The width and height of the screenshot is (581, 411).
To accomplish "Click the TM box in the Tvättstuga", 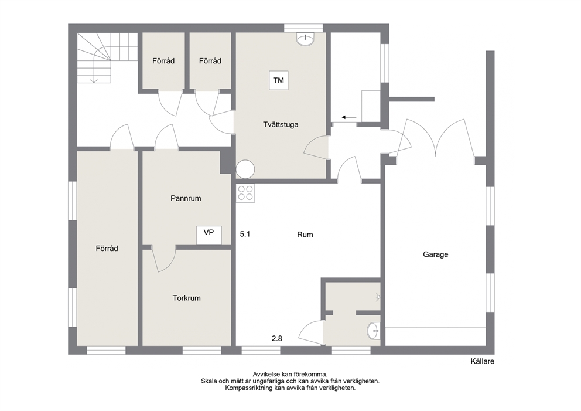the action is (279, 80).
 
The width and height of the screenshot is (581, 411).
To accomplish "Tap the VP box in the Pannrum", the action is (209, 235).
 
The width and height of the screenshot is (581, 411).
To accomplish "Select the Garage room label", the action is (435, 254).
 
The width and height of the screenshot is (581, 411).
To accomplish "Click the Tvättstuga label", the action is (281, 125).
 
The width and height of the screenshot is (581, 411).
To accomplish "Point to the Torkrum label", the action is (186, 298).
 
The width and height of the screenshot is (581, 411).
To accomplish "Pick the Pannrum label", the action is (186, 198).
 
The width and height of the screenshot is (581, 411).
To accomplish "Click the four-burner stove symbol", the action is (245, 193).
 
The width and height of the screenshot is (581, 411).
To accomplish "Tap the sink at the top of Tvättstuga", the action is (305, 39).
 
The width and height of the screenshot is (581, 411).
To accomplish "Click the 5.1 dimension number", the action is (245, 234).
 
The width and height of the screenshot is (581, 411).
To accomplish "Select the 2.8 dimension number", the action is (277, 338).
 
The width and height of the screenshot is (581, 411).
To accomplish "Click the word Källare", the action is (483, 361).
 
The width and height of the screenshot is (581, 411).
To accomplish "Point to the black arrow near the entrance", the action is (348, 118).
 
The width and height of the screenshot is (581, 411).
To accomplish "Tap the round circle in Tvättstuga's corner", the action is (245, 169).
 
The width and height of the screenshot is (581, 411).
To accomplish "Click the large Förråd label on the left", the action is (107, 249).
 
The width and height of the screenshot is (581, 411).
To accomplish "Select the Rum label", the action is (305, 235).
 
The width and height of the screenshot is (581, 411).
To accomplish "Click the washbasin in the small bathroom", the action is (373, 330).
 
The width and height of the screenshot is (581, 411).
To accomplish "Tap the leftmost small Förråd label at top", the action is (163, 61).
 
